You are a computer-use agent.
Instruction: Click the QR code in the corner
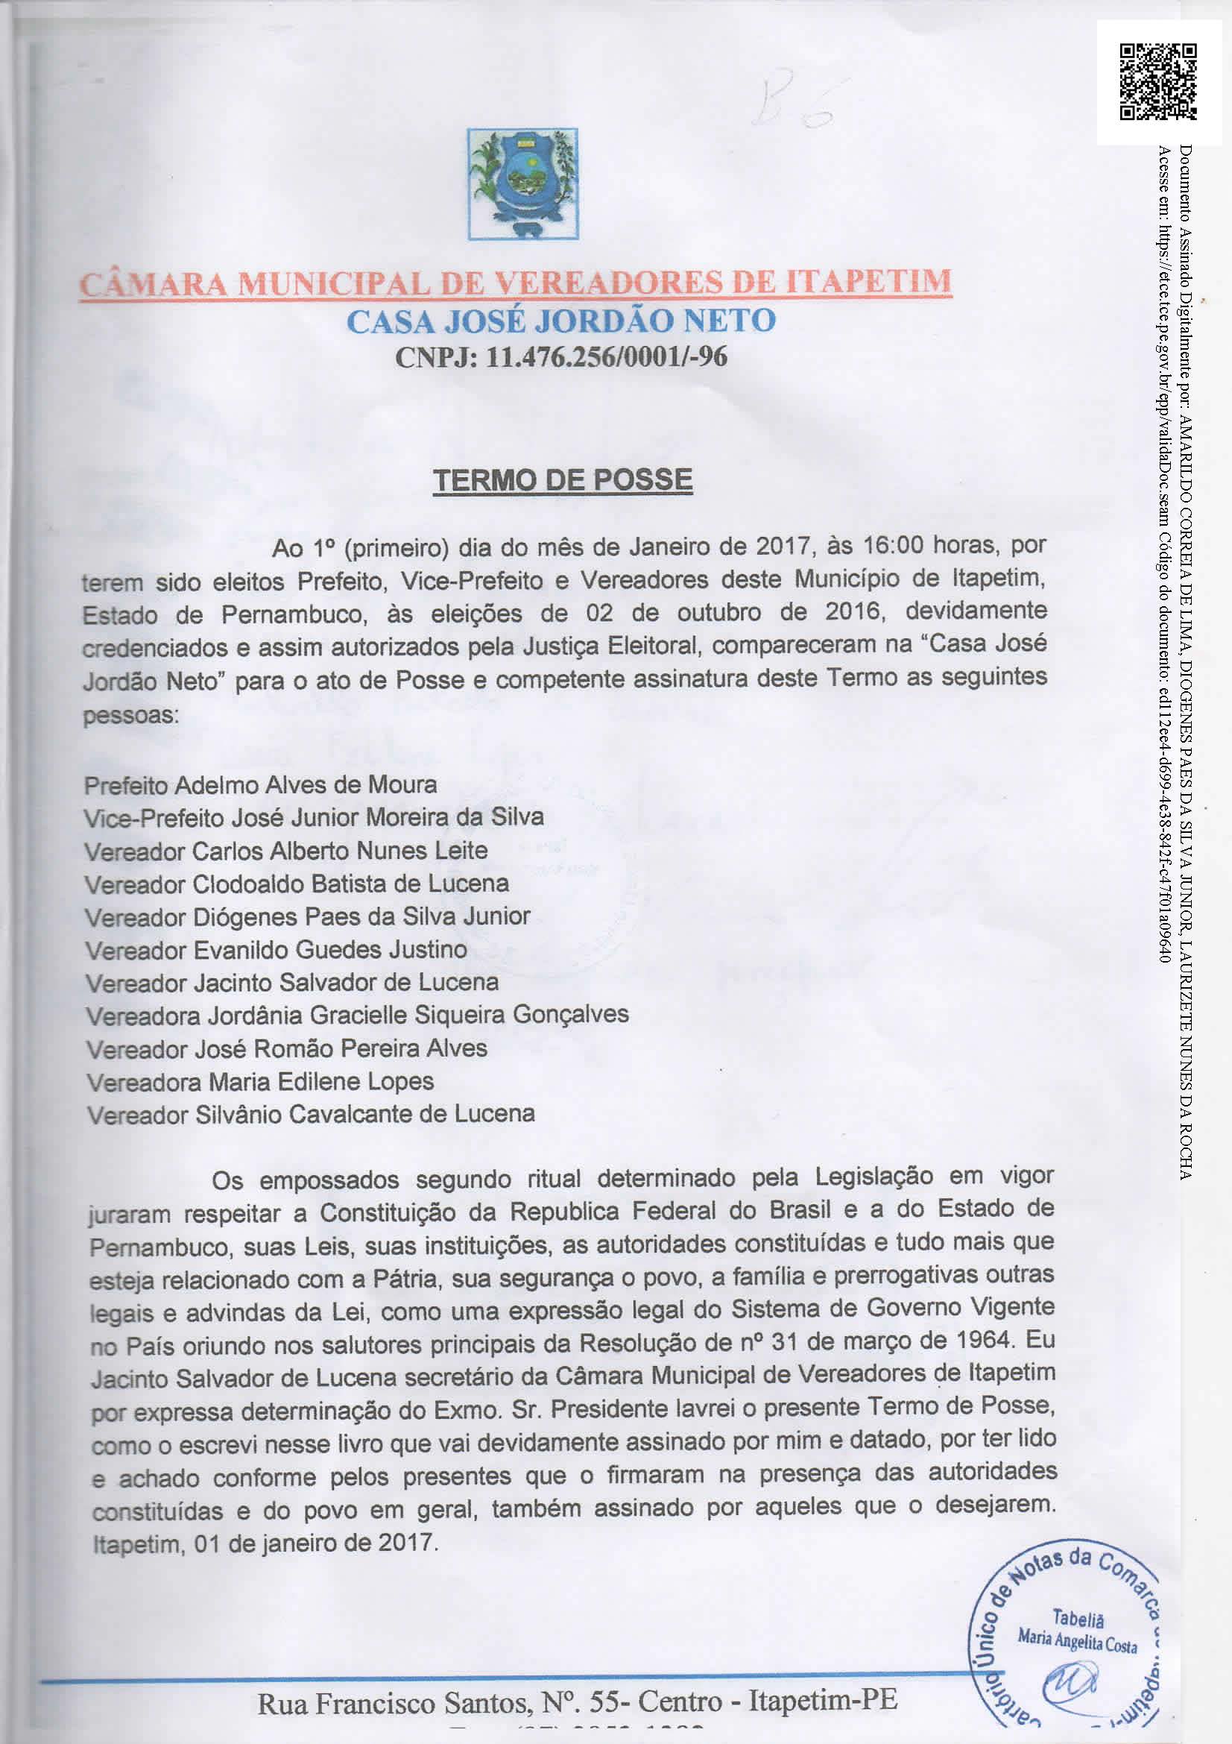click(1157, 81)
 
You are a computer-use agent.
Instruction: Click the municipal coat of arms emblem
click(523, 184)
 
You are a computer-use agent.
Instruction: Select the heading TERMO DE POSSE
click(563, 480)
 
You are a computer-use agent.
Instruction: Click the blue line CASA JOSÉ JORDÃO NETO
click(561, 321)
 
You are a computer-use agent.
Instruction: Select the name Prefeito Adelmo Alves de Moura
click(260, 784)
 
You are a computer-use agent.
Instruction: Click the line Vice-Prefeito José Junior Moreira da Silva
click(314, 817)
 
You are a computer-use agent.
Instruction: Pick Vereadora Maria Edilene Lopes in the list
click(260, 1082)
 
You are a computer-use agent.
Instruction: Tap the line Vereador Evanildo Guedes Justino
click(277, 949)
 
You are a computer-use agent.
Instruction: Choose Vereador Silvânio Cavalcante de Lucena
click(311, 1114)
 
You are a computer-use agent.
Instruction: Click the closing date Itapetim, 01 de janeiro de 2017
click(265, 1544)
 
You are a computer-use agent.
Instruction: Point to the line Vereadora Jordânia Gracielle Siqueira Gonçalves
click(357, 1016)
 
